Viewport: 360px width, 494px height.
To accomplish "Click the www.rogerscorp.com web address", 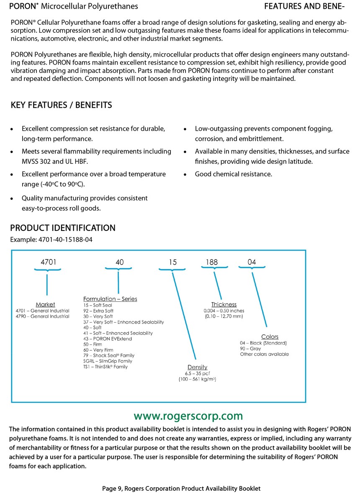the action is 188,416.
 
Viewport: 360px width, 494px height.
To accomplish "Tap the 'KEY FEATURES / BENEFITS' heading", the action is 62,105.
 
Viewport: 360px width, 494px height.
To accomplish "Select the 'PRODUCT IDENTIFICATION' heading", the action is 63,228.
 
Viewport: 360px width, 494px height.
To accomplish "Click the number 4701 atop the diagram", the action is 49,262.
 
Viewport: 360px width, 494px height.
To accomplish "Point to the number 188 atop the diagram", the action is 212,262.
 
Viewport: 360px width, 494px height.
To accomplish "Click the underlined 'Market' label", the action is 45,304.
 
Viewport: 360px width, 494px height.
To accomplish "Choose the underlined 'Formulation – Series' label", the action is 110,299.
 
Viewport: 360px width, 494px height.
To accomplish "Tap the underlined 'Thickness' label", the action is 224,304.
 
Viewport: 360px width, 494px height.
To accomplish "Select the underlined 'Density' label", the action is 197,367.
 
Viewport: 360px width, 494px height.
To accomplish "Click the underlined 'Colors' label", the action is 270,336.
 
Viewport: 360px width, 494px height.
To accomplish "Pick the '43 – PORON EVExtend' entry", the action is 108,339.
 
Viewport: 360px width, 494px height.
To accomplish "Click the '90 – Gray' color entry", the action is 250,349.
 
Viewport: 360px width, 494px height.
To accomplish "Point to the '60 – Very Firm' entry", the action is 98,350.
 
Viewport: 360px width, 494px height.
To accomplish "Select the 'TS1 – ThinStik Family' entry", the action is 105,367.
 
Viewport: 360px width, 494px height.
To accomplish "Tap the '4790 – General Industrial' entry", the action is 42,316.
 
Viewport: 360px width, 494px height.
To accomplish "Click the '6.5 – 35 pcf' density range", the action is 197,373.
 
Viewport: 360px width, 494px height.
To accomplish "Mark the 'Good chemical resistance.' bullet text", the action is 234,174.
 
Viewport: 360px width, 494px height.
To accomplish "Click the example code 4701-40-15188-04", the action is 65,239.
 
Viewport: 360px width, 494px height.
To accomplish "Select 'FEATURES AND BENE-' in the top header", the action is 305,6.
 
